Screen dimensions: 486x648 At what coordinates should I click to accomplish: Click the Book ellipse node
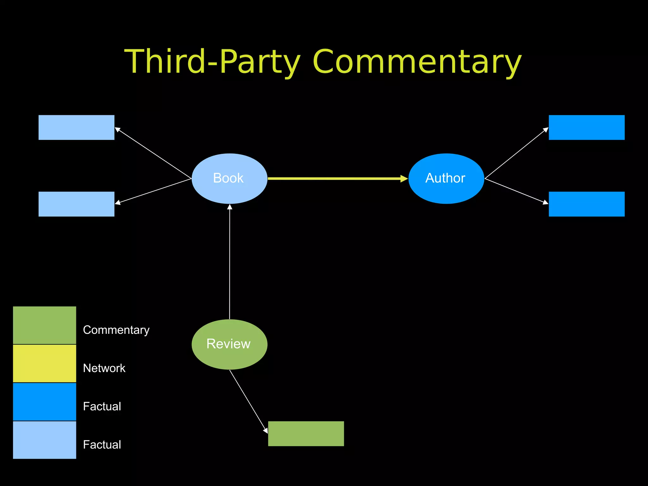click(x=229, y=178)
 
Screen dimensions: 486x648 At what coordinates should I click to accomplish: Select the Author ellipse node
click(x=446, y=178)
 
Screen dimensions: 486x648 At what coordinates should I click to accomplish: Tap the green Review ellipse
click(x=229, y=344)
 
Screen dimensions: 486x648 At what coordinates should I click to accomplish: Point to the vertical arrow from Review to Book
click(x=230, y=263)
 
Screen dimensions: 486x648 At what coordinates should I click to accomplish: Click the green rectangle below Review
click(x=306, y=433)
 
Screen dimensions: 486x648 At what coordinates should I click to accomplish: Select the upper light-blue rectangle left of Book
click(x=76, y=127)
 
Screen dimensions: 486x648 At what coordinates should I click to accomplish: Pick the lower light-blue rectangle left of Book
click(x=76, y=204)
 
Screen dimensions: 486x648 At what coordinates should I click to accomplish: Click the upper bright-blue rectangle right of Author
click(x=587, y=127)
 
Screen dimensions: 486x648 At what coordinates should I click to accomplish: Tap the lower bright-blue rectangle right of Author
click(x=587, y=204)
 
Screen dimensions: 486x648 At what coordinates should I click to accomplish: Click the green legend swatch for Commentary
click(x=44, y=325)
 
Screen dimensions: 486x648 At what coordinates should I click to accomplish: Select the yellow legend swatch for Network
click(x=44, y=363)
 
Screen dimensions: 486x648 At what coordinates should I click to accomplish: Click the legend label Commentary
click(x=116, y=330)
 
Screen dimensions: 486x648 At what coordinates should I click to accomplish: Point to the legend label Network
click(x=104, y=368)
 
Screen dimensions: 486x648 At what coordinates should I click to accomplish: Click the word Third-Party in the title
click(x=212, y=62)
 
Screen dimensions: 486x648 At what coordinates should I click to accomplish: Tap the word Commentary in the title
click(x=417, y=62)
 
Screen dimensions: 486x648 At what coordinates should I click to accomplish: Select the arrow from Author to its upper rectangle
click(x=516, y=153)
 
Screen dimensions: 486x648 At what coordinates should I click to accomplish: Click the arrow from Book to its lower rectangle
click(x=153, y=191)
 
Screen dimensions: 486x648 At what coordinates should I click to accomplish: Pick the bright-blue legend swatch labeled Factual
click(x=44, y=402)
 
